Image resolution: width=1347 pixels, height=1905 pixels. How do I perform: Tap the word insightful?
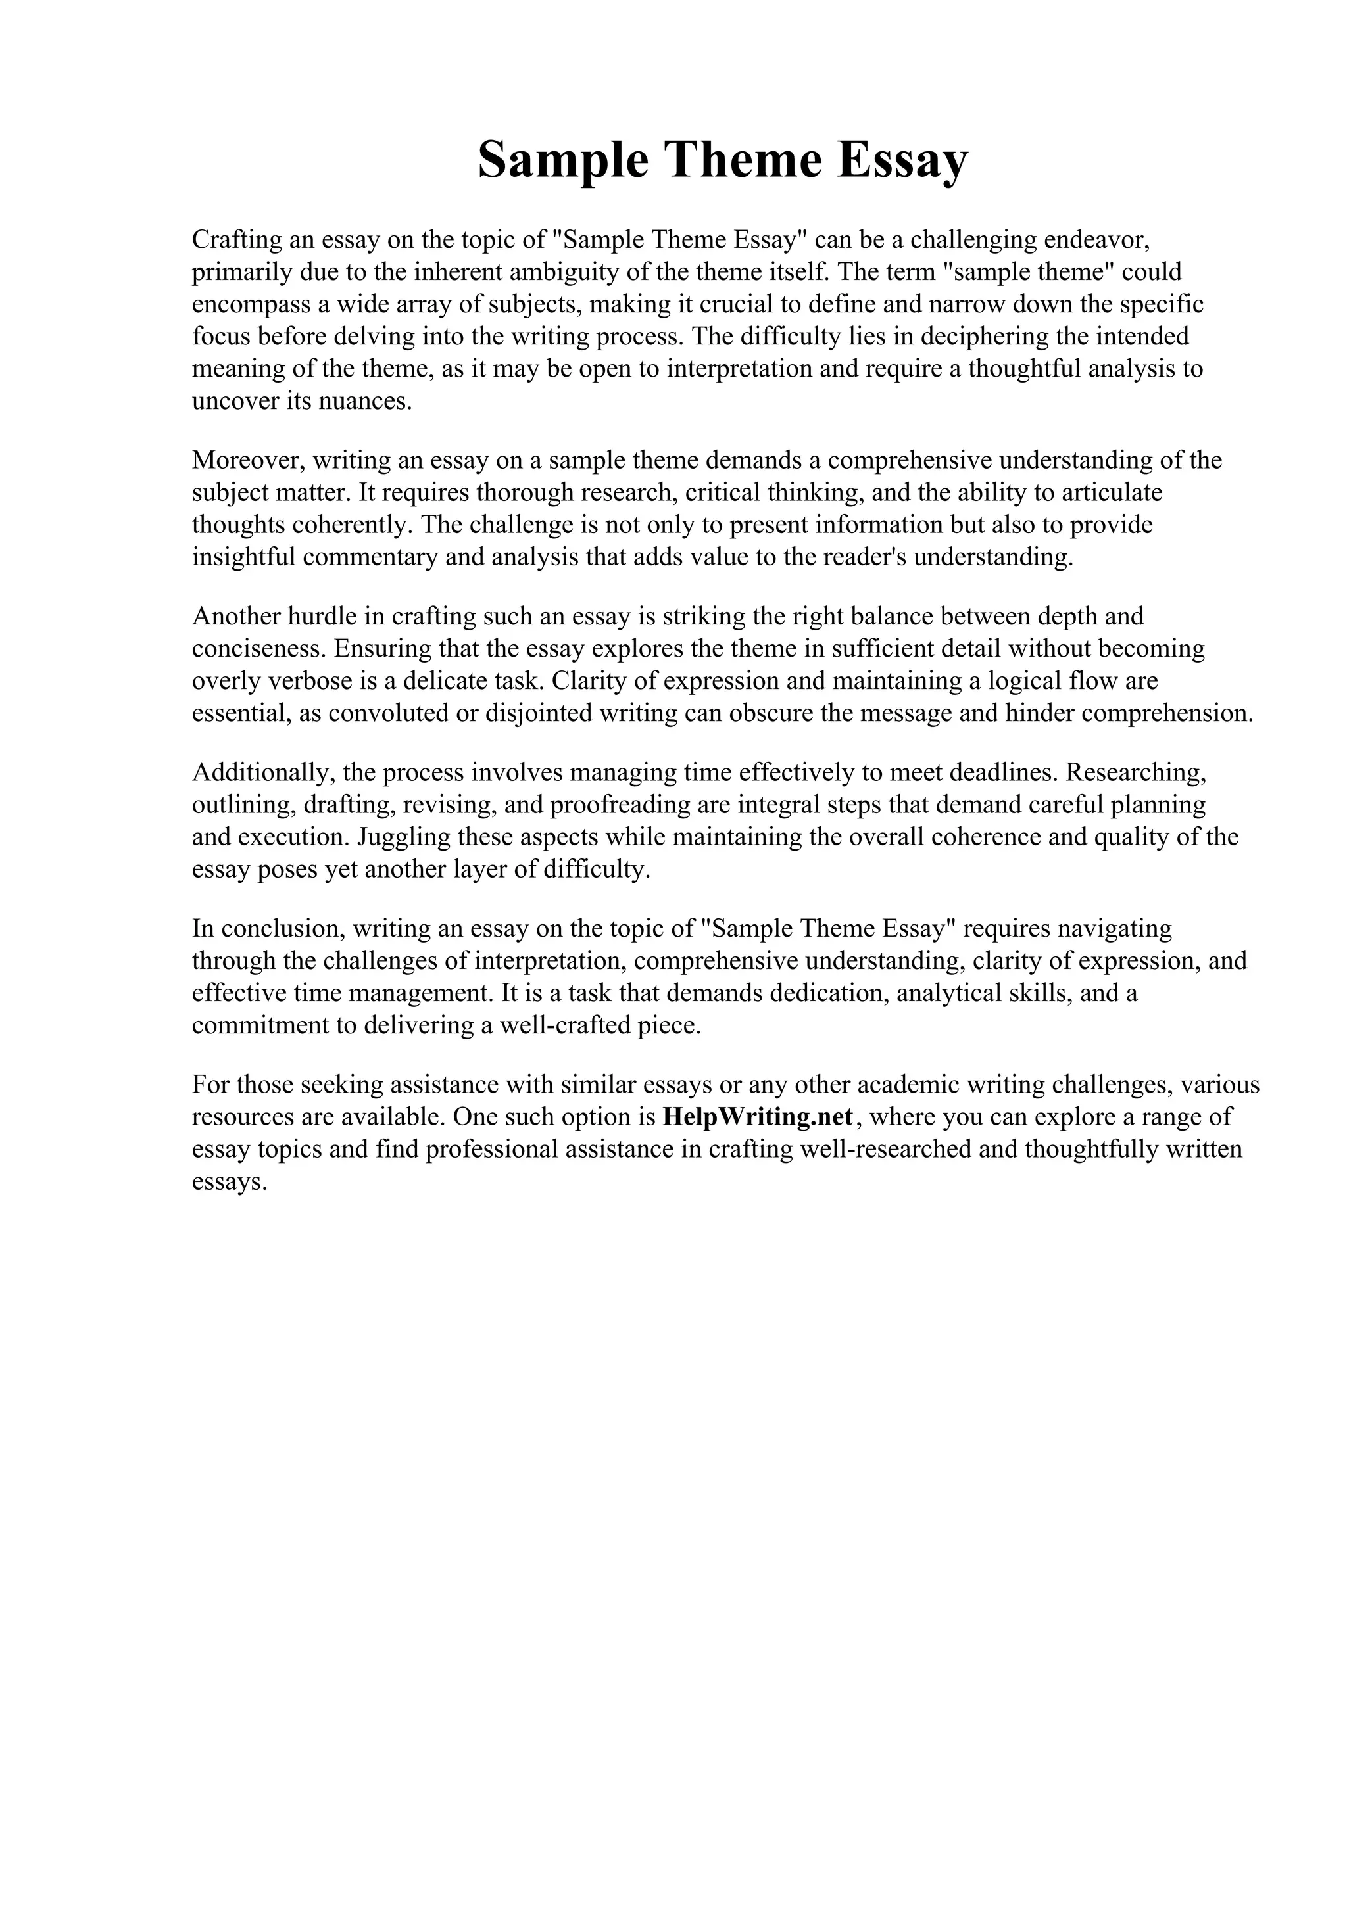(x=244, y=557)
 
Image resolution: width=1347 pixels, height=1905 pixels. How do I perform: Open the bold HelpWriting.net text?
(x=758, y=1117)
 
